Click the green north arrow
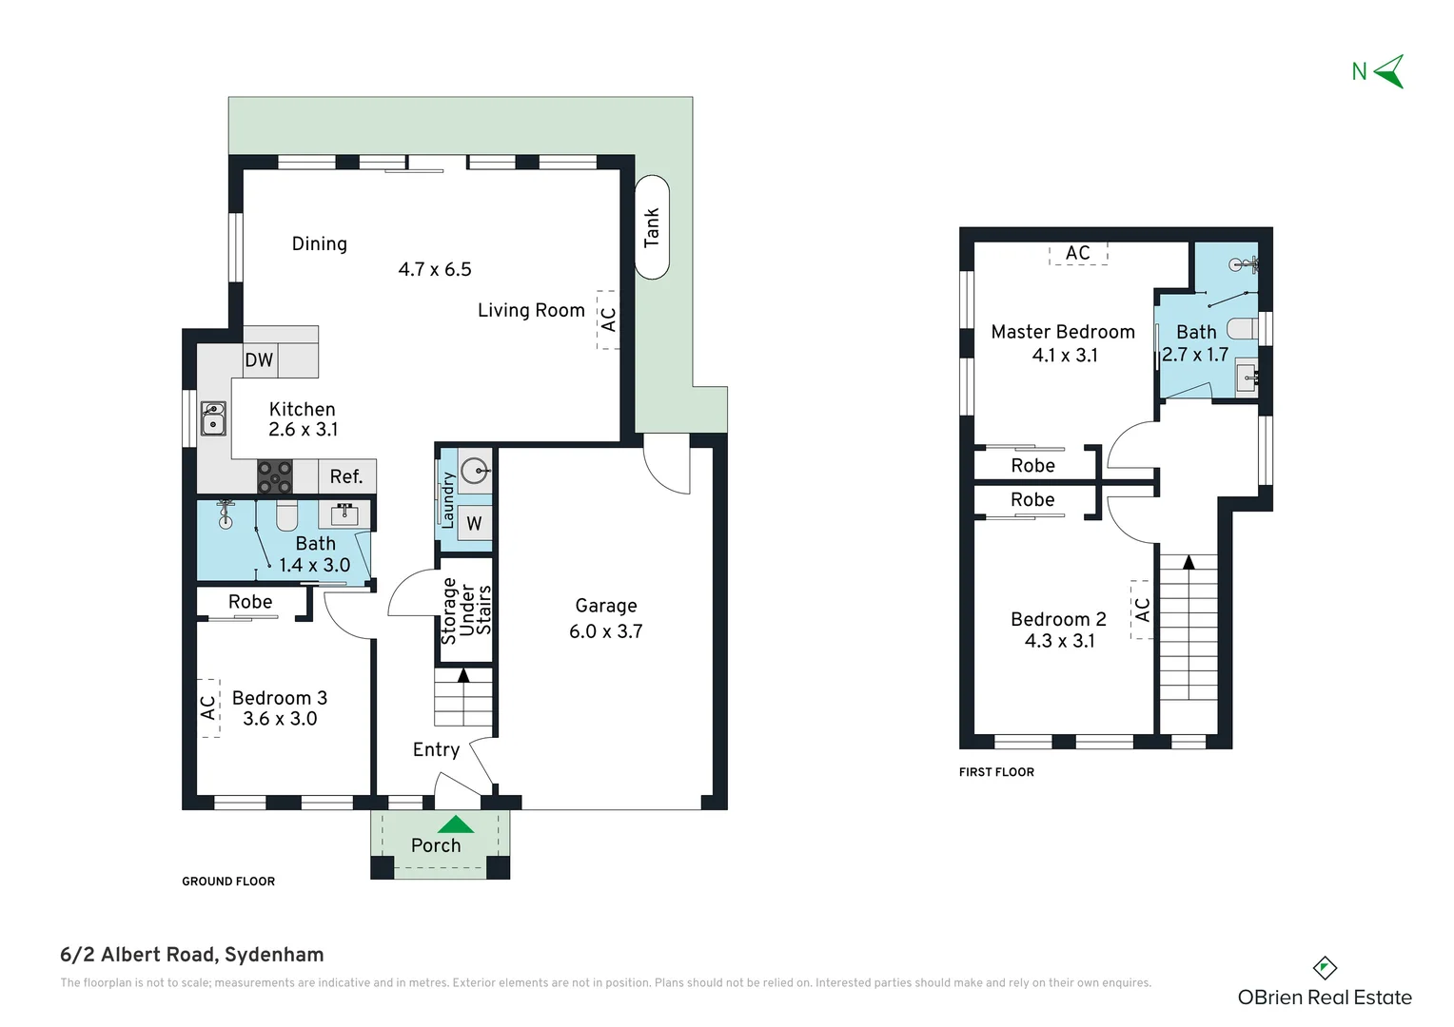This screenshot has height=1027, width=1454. coord(1389,71)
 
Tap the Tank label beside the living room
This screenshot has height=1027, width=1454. coord(651,227)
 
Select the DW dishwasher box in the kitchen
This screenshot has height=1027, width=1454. coord(260,360)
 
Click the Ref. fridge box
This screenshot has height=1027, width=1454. coord(346,476)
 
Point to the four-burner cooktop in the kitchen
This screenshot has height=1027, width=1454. coord(275,476)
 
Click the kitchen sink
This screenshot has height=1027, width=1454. coord(213,417)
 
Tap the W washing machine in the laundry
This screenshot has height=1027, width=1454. coord(475,523)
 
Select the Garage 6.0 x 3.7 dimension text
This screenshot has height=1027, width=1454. coord(605,631)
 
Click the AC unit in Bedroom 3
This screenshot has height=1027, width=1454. coord(208,707)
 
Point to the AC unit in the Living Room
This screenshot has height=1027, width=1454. coord(608,320)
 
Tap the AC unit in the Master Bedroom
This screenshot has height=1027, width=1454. coord(1078,253)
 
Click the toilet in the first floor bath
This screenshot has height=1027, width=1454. coord(1243,328)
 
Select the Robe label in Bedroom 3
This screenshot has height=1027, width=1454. coord(250,602)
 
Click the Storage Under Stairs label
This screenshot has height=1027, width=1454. coord(466,610)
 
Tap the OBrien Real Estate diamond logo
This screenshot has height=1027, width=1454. coord(1325,968)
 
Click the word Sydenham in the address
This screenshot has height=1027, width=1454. coord(274,955)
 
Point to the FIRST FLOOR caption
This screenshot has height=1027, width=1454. coord(996,772)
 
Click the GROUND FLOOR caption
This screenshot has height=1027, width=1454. coord(228,881)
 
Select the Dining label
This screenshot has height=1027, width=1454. coord(320,244)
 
